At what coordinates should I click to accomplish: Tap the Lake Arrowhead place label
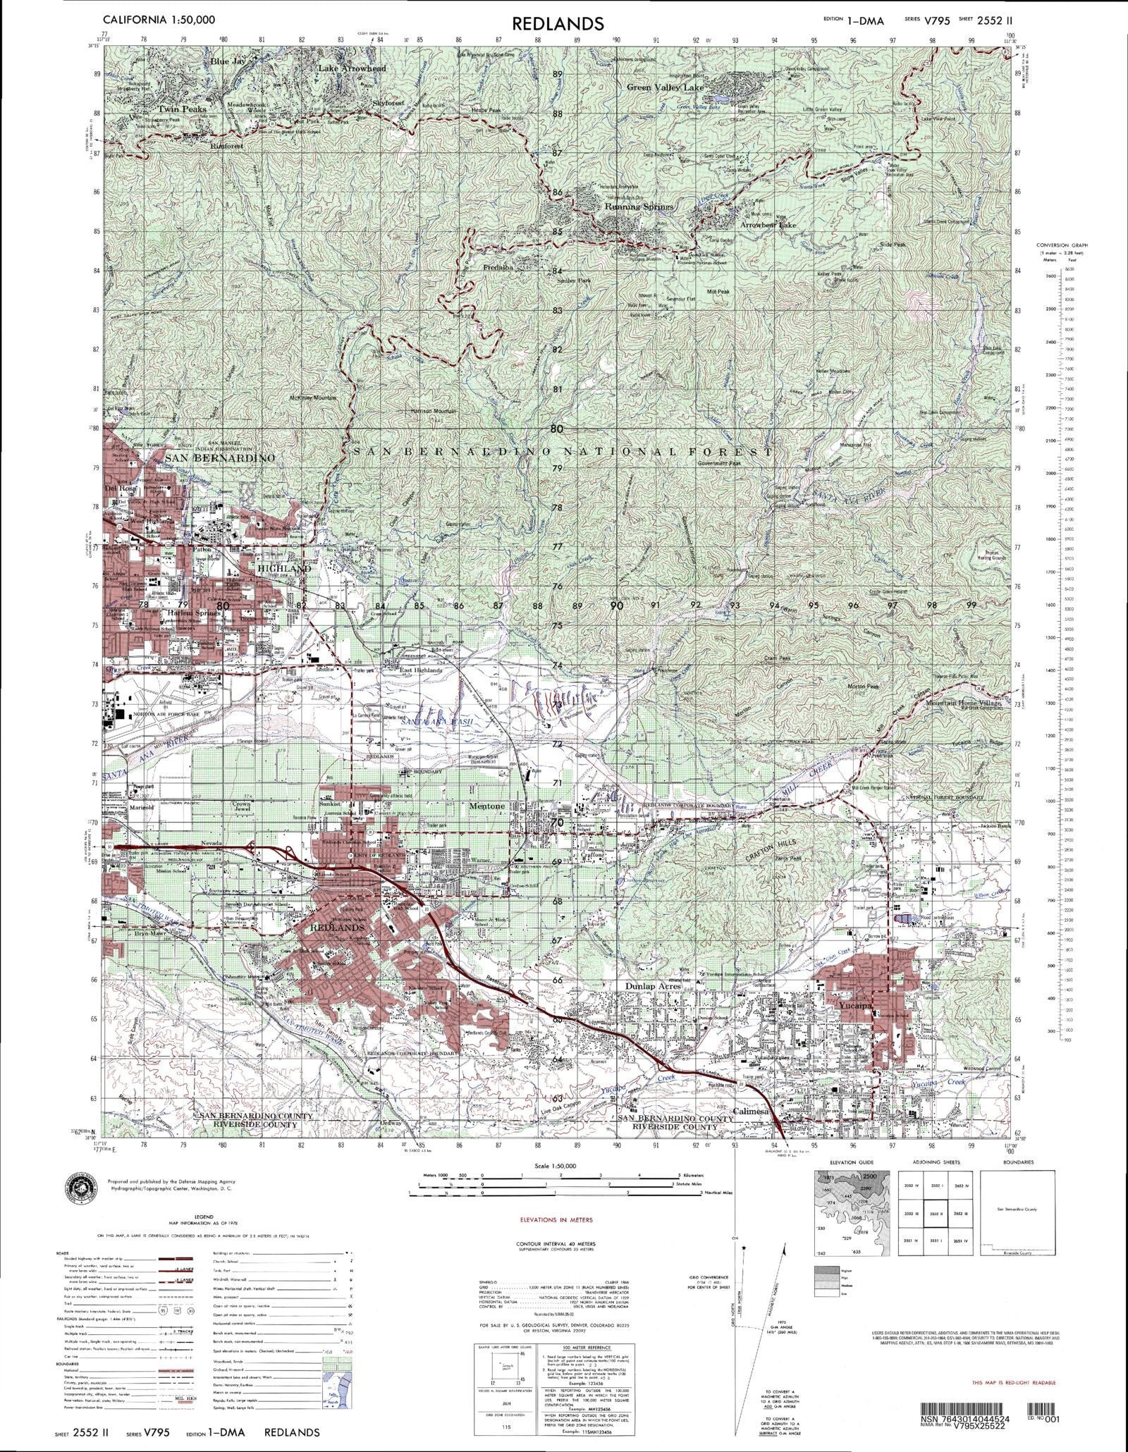352,68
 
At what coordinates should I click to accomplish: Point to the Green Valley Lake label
666,87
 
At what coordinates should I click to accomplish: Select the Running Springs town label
639,207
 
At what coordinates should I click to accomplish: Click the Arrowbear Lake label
768,225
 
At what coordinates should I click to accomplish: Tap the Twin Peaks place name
182,109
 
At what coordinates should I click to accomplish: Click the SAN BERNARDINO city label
219,458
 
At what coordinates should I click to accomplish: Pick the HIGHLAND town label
283,568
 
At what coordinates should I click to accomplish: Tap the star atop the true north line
744,1248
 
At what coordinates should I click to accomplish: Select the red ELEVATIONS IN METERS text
556,1219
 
